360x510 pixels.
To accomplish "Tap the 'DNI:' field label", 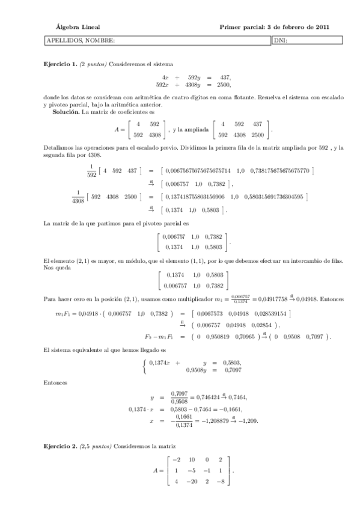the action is pos(281,41).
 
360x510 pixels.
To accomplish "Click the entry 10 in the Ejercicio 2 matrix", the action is pos(191,459).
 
